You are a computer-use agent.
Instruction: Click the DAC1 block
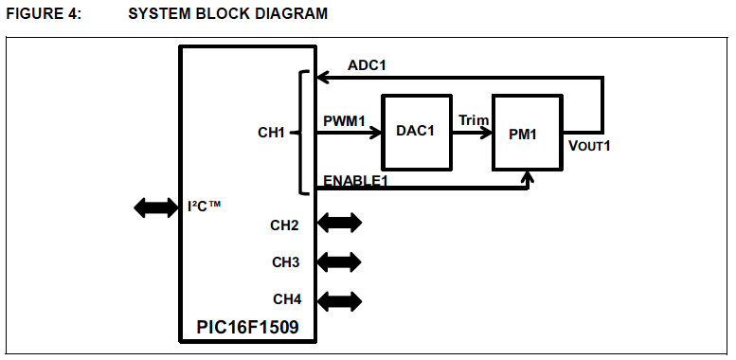(416, 132)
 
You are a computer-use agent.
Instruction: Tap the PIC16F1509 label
(247, 328)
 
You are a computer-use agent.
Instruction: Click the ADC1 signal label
(367, 65)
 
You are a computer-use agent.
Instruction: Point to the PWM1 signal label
(343, 121)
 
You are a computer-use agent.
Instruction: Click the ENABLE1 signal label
(357, 179)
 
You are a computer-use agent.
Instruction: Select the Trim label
(473, 121)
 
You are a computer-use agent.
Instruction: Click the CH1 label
(272, 133)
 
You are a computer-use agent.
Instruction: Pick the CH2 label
(285, 225)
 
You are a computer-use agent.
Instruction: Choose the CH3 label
(285, 261)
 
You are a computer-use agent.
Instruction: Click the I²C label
(204, 206)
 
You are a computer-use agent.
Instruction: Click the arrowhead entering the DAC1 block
(374, 133)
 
